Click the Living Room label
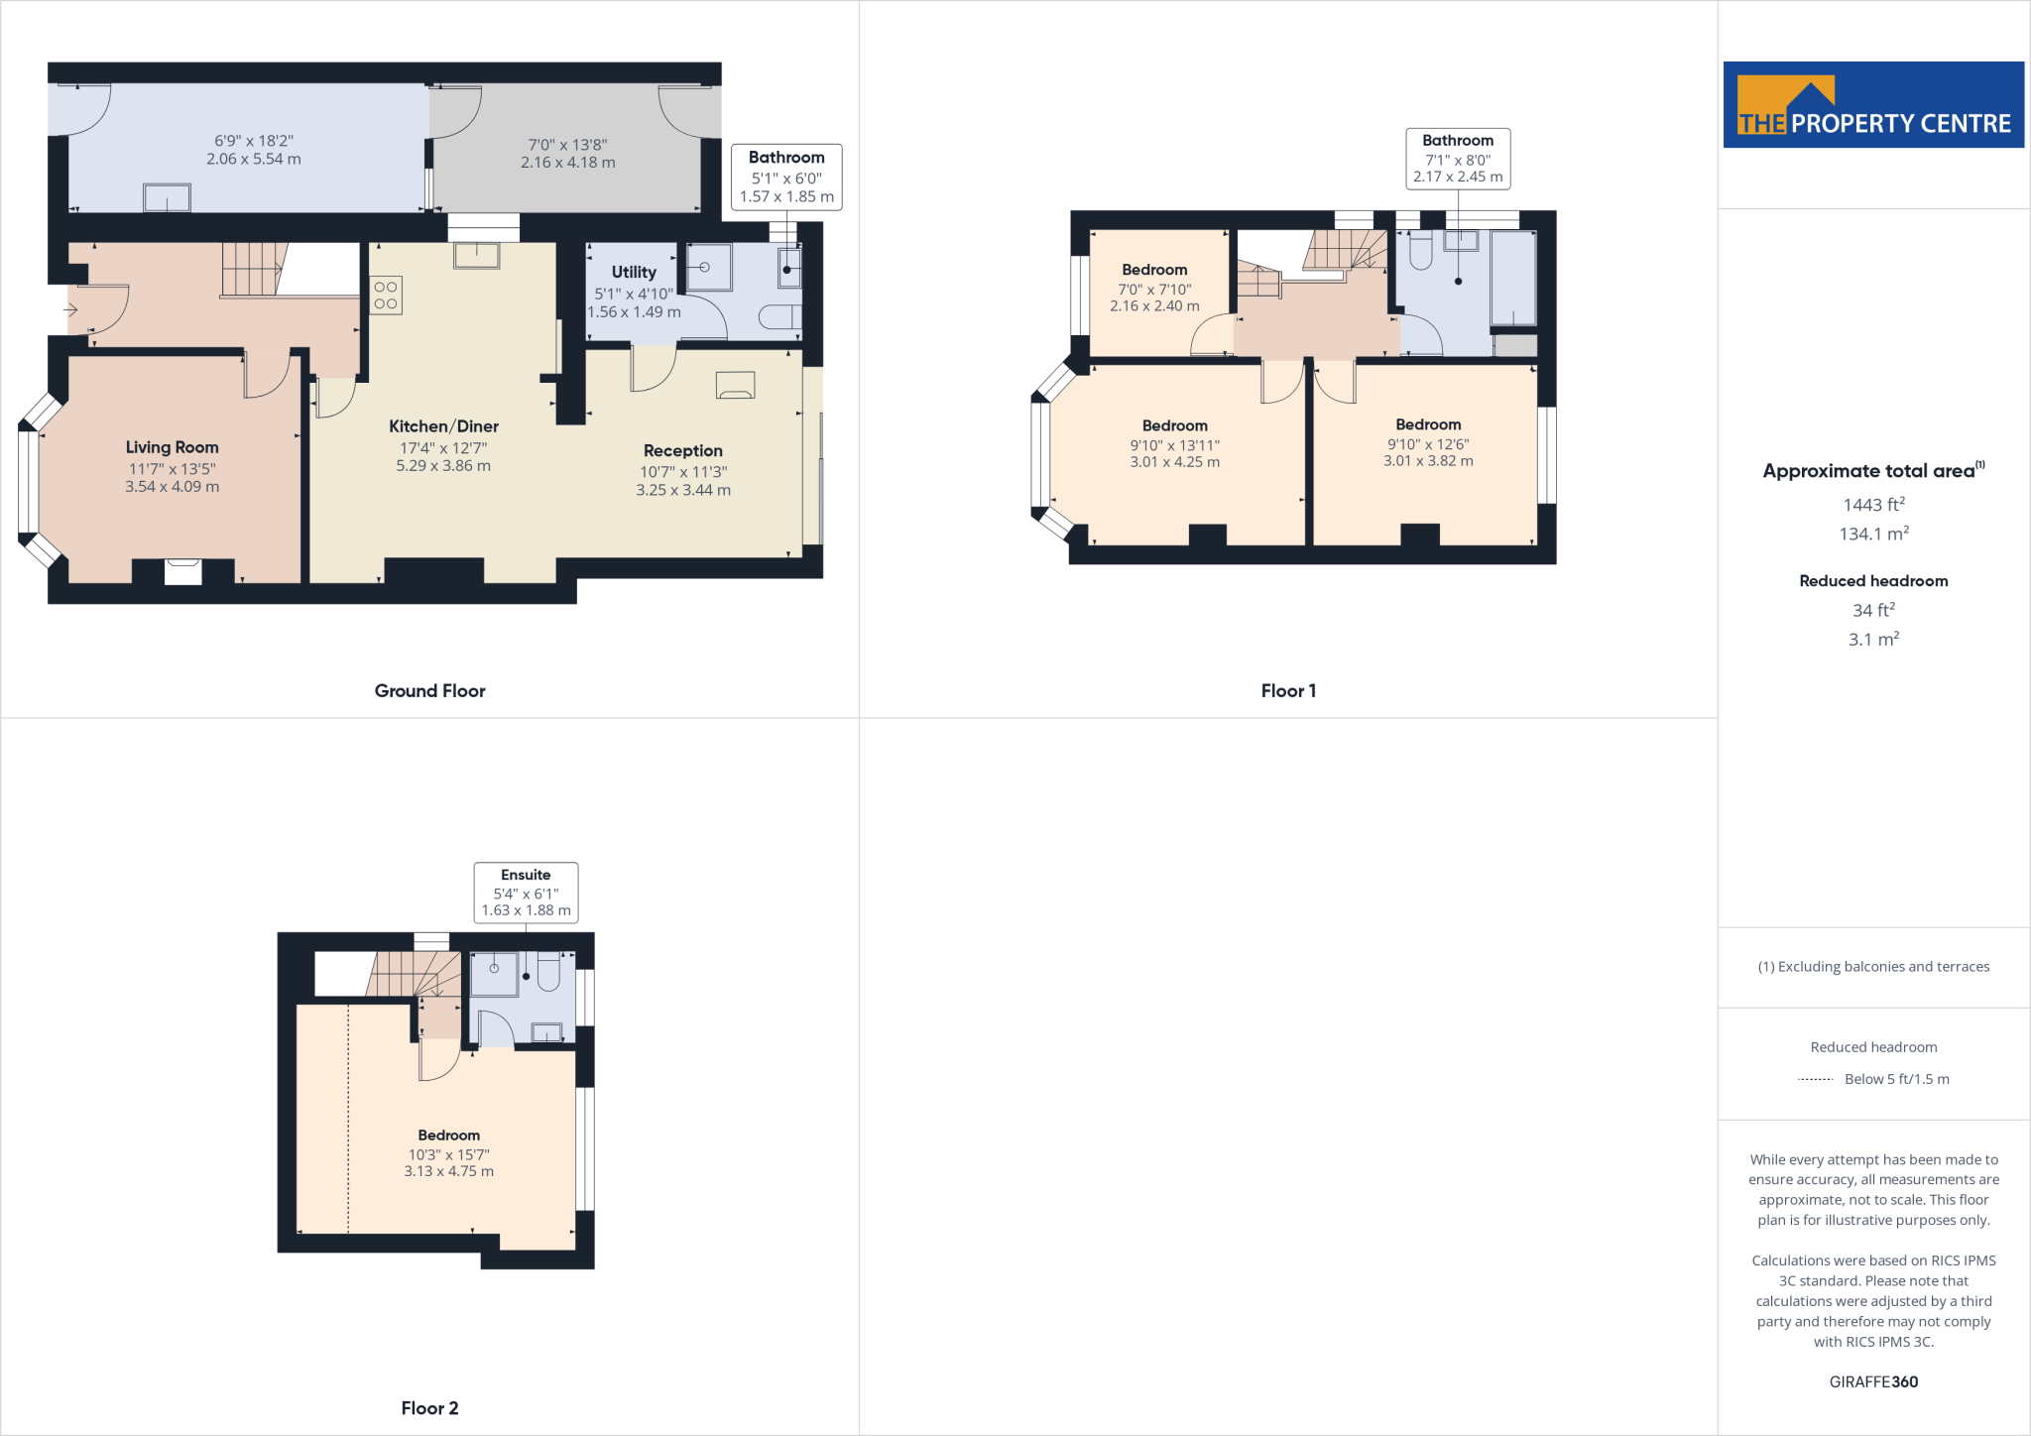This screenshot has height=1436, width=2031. coord(172,447)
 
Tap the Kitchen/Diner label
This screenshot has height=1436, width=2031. coord(443,426)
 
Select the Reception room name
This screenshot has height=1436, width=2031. coord(682,451)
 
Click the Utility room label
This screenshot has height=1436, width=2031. coord(634,272)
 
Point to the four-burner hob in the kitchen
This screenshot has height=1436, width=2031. coord(386,296)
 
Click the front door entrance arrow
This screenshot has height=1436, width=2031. coord(70,310)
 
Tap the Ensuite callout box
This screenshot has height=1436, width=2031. coord(526,893)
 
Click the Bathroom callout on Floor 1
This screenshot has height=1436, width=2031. coord(1458,159)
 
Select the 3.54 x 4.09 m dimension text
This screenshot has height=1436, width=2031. coord(172,487)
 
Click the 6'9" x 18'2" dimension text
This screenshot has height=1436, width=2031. coord(254,141)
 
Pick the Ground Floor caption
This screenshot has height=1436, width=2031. coord(429,691)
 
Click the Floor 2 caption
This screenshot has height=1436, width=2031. coord(429,1408)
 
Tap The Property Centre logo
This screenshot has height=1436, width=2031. coord(1873,105)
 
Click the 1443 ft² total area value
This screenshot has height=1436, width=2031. coord(1873,505)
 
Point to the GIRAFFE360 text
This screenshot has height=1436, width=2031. coord(1873,1381)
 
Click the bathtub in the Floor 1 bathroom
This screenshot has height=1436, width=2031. coord(1513,278)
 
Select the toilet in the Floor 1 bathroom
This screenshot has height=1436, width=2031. coord(1420,254)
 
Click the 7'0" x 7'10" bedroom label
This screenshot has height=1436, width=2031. coord(1154,290)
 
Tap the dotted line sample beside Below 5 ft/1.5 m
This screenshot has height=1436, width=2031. coord(1815,1079)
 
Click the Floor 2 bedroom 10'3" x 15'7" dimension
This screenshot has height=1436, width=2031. coord(448,1154)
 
